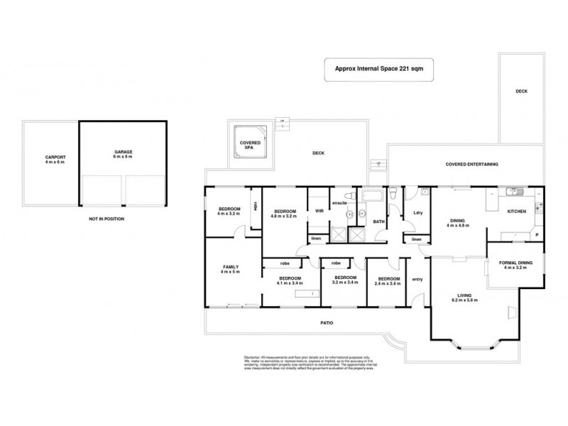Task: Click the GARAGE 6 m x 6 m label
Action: click(x=124, y=155)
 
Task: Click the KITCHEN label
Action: click(x=516, y=211)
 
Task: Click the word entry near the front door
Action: click(x=417, y=279)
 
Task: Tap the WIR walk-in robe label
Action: click(x=319, y=211)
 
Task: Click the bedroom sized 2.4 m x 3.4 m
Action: click(x=388, y=280)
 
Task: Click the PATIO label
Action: click(x=326, y=323)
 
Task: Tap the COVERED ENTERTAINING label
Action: click(x=471, y=164)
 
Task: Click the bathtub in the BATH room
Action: click(x=373, y=195)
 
